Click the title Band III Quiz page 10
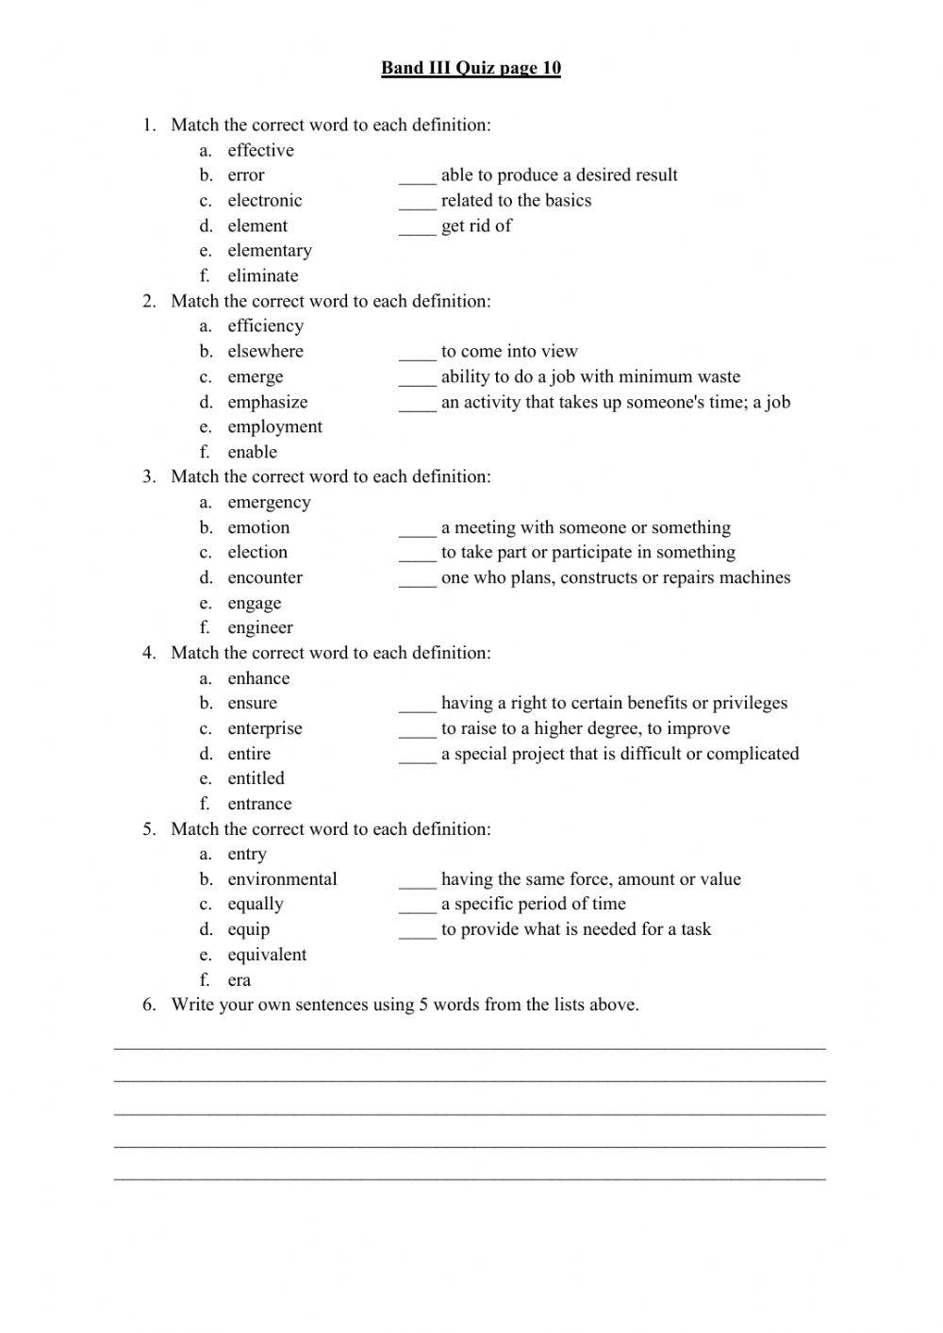pos(471,68)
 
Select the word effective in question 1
pos(260,150)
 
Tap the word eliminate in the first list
pos(262,275)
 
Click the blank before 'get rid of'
pos(417,226)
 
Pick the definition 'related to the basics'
pos(516,200)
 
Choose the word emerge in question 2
pos(255,376)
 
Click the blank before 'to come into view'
pos(417,352)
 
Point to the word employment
pos(274,426)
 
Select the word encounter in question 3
pos(265,577)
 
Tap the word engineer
pos(259,627)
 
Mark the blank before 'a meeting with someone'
pos(417,528)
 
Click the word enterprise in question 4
pos(265,728)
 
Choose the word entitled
pos(256,778)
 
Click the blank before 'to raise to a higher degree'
pos(417,729)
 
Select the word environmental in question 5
pos(282,879)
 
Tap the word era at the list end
pos(239,979)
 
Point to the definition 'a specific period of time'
pos(533,904)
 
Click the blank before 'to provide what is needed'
pos(417,930)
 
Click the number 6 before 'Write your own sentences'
pos(149,1005)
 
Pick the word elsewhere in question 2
pos(265,351)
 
